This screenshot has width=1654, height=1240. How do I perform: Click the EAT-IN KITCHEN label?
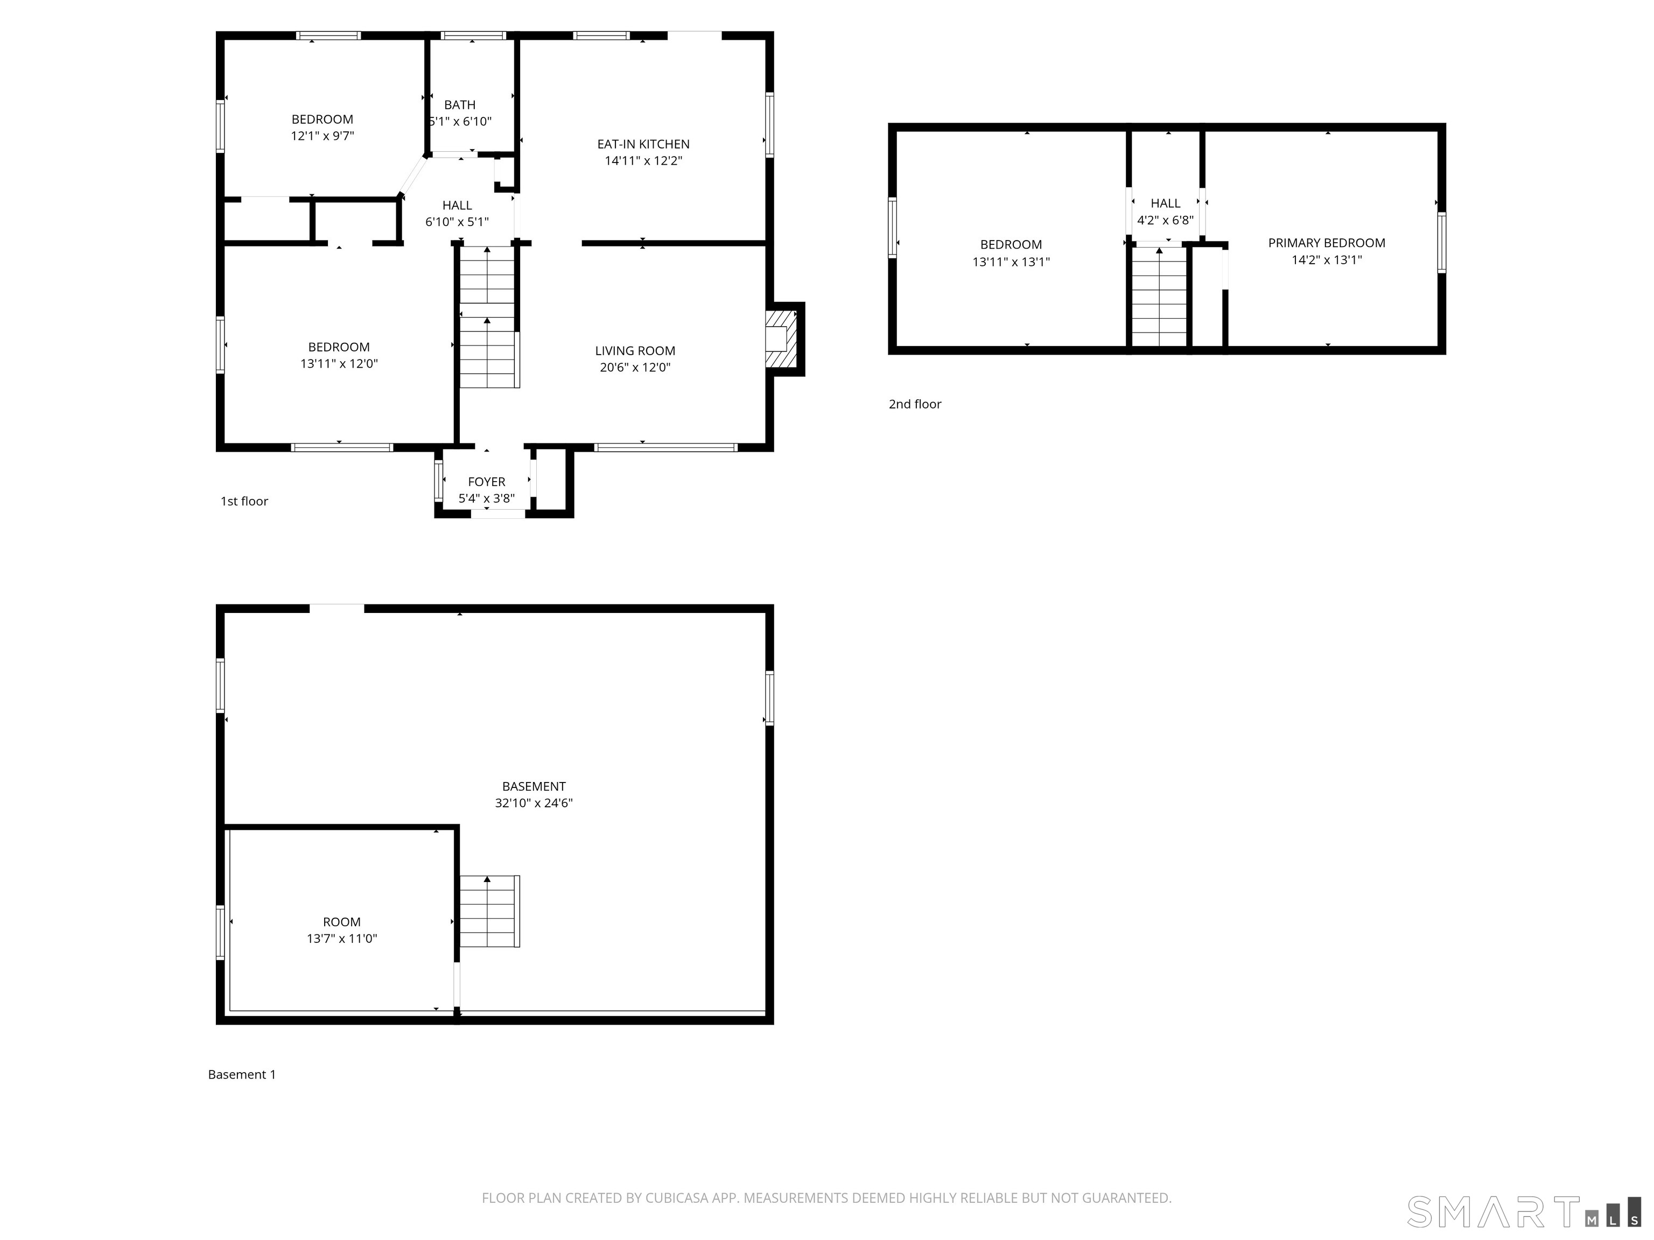coord(643,144)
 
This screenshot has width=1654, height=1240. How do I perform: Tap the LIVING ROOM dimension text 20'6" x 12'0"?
coord(635,368)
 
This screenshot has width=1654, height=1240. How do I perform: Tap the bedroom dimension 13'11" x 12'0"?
coord(339,364)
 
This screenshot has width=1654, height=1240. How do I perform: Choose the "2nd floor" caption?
coord(914,404)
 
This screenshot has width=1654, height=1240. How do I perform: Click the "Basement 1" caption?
coord(242,1075)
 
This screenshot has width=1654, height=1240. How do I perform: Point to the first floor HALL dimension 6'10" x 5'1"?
coord(457,222)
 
